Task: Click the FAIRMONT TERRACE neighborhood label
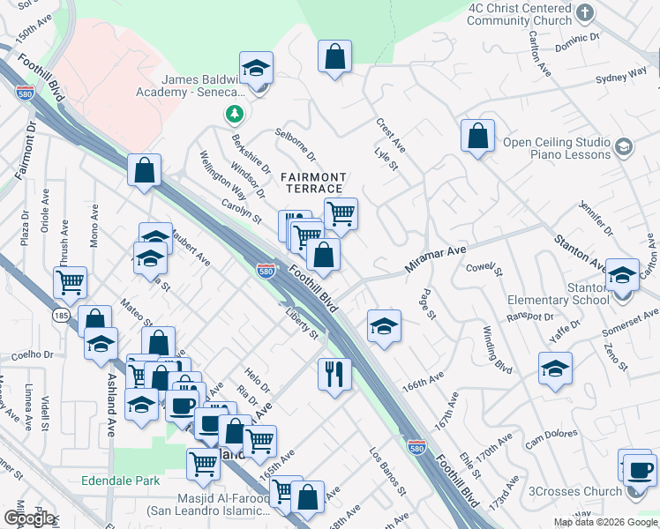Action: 313,183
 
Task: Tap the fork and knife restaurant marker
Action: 334,374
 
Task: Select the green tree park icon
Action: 234,113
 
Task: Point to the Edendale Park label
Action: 121,481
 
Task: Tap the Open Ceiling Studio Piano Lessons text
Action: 557,148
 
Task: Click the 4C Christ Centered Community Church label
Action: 532,14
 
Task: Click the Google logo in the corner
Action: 29,518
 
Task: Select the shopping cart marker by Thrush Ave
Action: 70,282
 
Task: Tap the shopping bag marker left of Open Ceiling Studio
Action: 477,136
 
